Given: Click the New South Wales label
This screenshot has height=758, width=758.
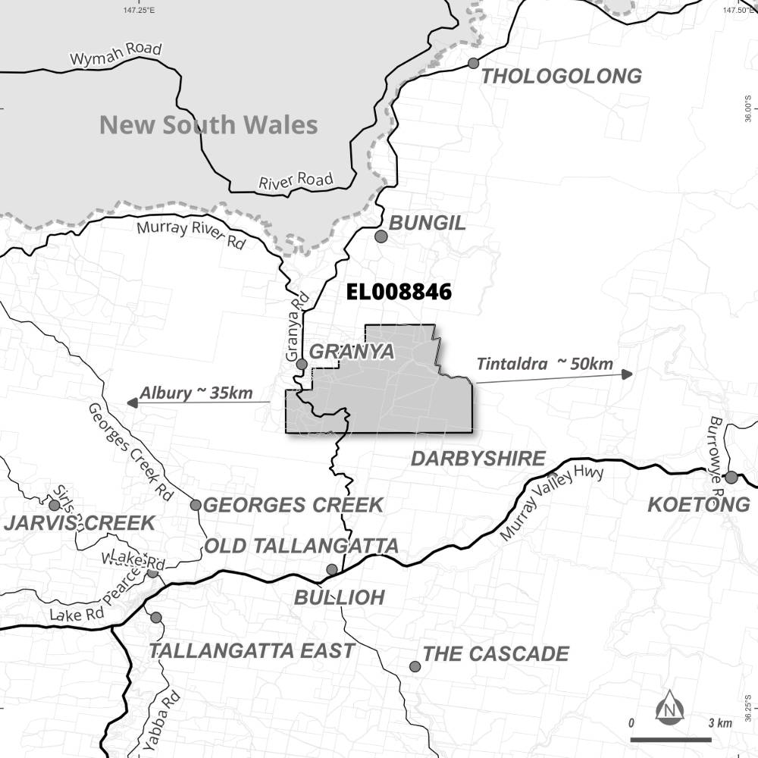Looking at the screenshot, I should pyautogui.click(x=208, y=124).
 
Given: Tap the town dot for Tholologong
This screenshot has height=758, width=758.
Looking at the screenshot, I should pyautogui.click(x=474, y=63).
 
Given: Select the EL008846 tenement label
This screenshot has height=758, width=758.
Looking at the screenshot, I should pyautogui.click(x=399, y=292).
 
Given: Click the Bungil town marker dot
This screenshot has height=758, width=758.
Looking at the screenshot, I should pyautogui.click(x=381, y=236).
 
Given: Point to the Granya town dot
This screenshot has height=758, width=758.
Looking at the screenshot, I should pyautogui.click(x=302, y=365).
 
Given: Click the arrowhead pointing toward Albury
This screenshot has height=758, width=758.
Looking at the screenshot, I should pyautogui.click(x=132, y=402).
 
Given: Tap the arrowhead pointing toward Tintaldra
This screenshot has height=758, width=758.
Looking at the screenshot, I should pyautogui.click(x=626, y=374).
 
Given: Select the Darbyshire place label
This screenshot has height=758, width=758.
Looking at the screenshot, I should pyautogui.click(x=478, y=459).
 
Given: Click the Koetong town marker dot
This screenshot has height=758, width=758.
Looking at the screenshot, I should pyautogui.click(x=731, y=478).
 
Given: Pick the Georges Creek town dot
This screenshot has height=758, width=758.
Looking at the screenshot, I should pyautogui.click(x=196, y=505).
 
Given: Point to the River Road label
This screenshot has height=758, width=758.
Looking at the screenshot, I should pyautogui.click(x=296, y=182).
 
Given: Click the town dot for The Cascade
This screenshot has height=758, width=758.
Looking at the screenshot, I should pyautogui.click(x=415, y=666).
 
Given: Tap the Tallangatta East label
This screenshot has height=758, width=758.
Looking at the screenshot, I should pyautogui.click(x=252, y=650).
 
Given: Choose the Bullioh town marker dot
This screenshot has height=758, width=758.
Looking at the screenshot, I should pyautogui.click(x=332, y=569).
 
